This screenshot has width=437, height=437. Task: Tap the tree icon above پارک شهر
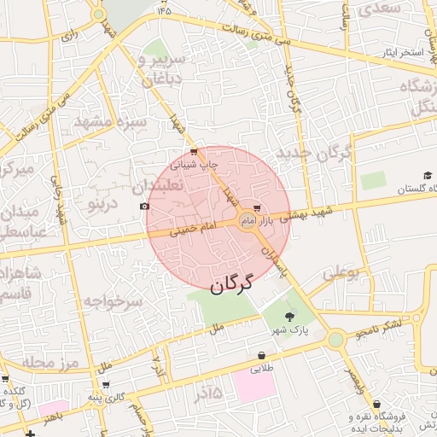[289, 317]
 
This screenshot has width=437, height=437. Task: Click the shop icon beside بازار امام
[282, 221]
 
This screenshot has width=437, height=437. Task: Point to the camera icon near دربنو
[143, 207]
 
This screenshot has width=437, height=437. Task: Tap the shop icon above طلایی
[260, 356]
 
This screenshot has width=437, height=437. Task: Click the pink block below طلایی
[254, 386]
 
